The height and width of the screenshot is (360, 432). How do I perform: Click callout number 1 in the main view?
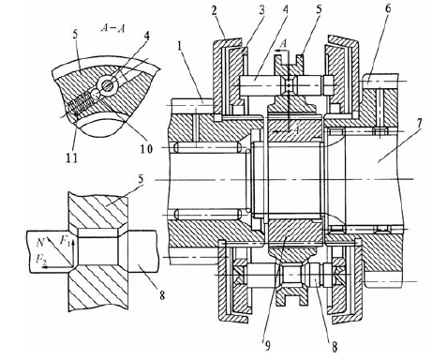179,47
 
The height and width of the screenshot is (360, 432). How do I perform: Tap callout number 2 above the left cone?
214,11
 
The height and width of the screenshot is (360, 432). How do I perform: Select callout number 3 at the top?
261,10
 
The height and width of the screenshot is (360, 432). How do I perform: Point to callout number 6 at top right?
388,9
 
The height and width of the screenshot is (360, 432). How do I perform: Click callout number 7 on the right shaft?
419,124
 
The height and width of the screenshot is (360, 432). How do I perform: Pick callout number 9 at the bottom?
268,345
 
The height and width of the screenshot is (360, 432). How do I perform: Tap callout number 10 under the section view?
146,148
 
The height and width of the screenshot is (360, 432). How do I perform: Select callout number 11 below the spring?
71,158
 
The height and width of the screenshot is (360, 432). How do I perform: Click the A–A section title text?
112,28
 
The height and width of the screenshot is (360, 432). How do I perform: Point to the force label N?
40,243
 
